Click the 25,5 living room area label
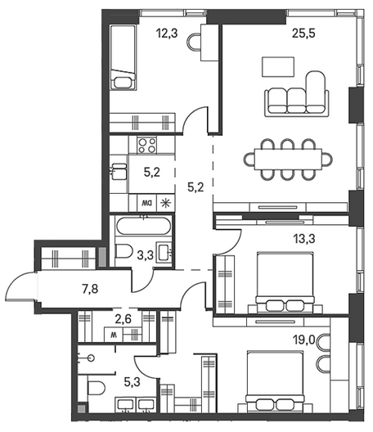click(x=303, y=34)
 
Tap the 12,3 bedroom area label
click(x=167, y=34)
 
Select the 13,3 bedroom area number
click(x=303, y=239)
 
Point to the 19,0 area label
click(x=303, y=340)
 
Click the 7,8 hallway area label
click(x=90, y=290)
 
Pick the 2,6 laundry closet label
click(x=123, y=319)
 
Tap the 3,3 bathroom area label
click(x=145, y=255)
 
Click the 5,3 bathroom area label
click(x=133, y=382)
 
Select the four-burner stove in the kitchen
click(x=147, y=146)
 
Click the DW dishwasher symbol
click(x=147, y=204)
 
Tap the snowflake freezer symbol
click(x=166, y=204)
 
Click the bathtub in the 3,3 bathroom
click(x=143, y=226)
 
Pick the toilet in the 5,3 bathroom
click(x=97, y=388)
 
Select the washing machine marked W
click(x=113, y=335)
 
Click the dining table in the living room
click(x=288, y=160)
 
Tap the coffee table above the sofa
click(x=278, y=67)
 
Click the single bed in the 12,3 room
click(x=124, y=57)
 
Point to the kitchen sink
click(x=119, y=171)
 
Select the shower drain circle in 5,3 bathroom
click(x=91, y=358)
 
